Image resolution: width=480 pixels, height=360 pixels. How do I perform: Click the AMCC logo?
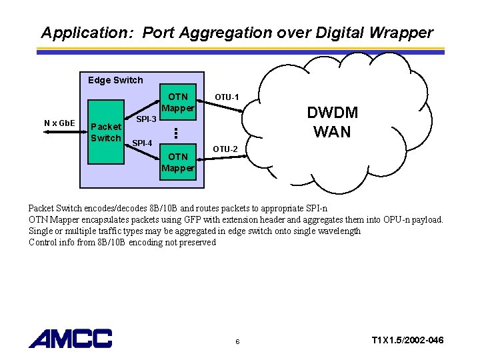point(70,338)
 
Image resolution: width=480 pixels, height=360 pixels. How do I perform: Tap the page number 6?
point(238,342)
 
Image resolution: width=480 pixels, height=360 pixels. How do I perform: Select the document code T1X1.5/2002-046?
point(407,341)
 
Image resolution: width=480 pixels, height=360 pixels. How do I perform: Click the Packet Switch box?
point(105,133)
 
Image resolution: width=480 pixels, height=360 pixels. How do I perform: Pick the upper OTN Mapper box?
point(178,103)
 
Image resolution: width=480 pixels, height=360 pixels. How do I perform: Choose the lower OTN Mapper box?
point(178,162)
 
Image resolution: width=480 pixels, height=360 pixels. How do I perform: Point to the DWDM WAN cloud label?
point(331,122)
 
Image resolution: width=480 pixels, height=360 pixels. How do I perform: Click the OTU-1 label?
point(227,97)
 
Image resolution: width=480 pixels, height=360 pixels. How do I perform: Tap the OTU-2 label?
point(225,148)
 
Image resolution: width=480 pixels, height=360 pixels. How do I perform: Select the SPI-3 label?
point(146,119)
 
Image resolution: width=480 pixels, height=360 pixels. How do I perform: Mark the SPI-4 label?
point(142,143)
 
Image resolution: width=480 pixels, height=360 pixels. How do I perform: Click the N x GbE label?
point(59,123)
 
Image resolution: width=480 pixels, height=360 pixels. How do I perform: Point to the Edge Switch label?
point(115,80)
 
